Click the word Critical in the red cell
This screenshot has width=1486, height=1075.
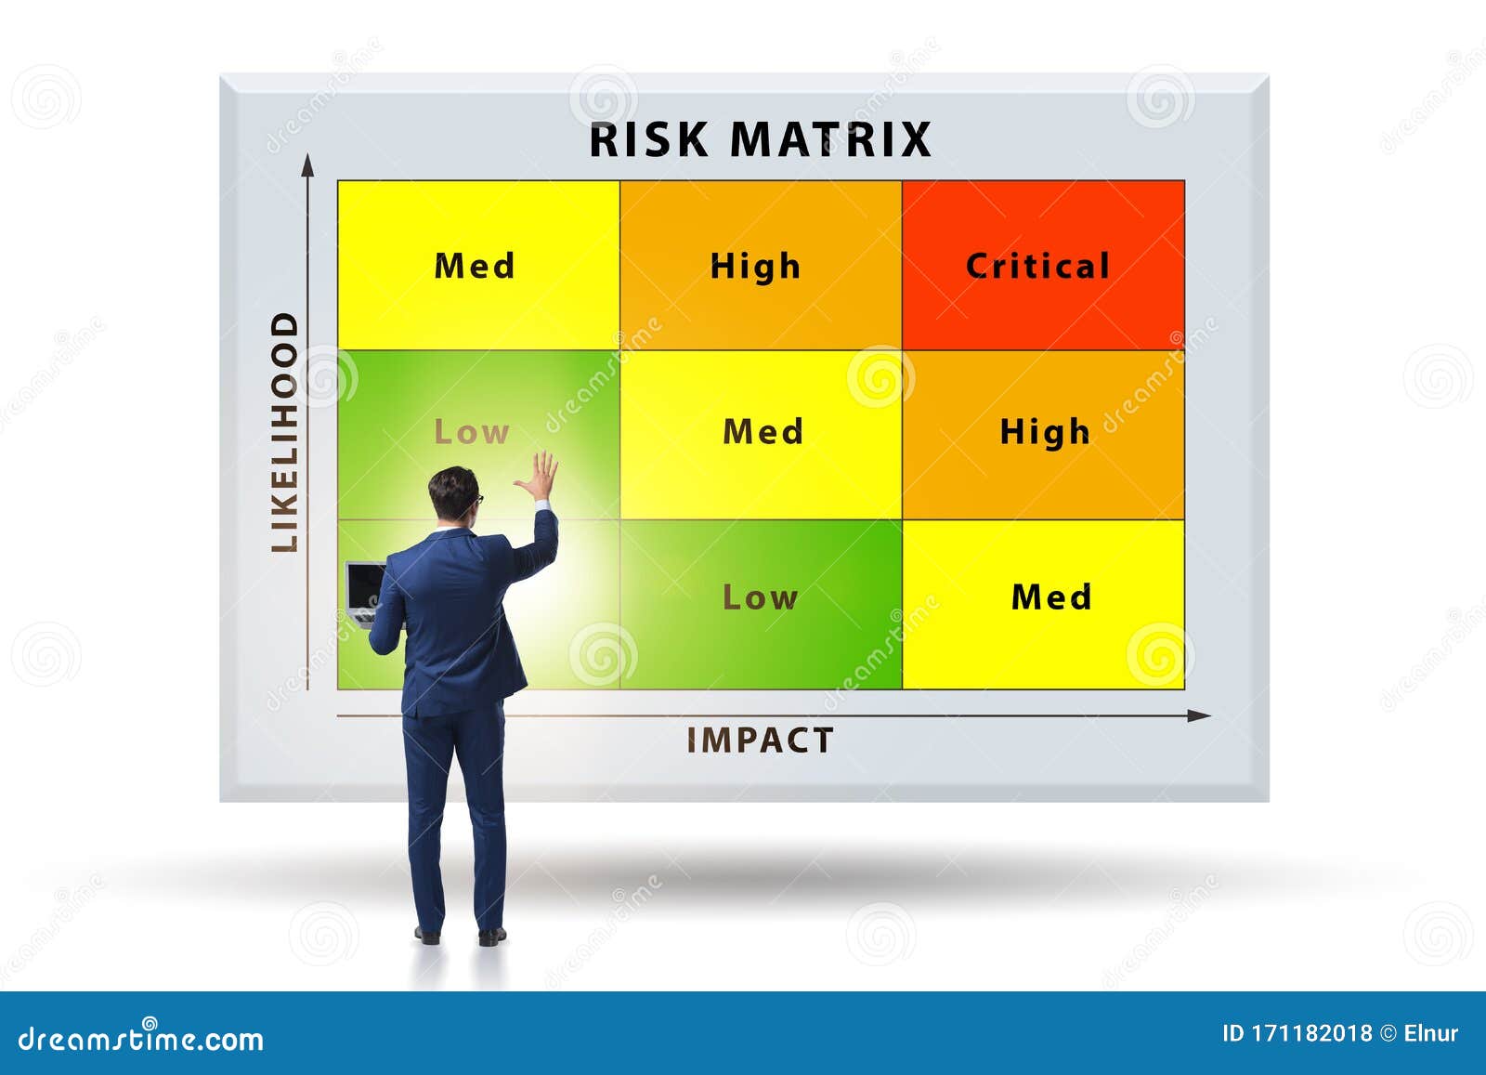1037,267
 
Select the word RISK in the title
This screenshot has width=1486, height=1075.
649,140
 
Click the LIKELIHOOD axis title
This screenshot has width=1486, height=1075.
285,432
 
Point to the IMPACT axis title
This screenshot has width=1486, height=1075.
760,741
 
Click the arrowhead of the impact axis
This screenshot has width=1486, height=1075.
1200,715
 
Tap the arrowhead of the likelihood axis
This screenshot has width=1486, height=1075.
308,165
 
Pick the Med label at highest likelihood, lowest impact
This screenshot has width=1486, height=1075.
475,267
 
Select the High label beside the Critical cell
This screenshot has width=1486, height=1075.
755,267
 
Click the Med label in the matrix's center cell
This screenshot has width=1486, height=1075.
763,432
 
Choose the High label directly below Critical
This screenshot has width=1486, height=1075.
1045,432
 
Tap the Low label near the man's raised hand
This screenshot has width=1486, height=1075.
472,432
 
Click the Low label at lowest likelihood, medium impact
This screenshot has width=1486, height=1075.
760,597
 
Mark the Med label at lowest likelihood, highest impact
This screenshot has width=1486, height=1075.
1051,597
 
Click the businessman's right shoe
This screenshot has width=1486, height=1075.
492,935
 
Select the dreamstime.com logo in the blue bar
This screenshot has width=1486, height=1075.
141,1038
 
